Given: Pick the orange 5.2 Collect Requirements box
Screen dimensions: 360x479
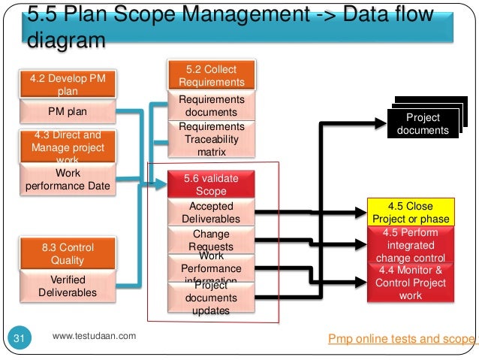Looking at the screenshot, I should pyautogui.click(x=212, y=76).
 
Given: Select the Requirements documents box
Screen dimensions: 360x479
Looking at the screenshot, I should pyautogui.click(x=212, y=106).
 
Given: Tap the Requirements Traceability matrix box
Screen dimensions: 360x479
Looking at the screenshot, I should pyautogui.click(x=212, y=139).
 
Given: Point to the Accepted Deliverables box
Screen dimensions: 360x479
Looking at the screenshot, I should pyautogui.click(x=212, y=213).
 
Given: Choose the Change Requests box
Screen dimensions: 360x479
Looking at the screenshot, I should pyautogui.click(x=212, y=240).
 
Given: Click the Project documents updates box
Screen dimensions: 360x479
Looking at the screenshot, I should pyautogui.click(x=212, y=298).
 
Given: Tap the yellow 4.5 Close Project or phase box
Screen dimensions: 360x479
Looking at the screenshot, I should pyautogui.click(x=411, y=212).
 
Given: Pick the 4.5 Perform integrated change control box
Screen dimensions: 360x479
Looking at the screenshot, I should pyautogui.click(x=411, y=244).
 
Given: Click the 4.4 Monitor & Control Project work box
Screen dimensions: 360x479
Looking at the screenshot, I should pyautogui.click(x=411, y=283).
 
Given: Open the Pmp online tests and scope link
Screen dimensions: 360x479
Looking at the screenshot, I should pyautogui.click(x=402, y=339).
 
